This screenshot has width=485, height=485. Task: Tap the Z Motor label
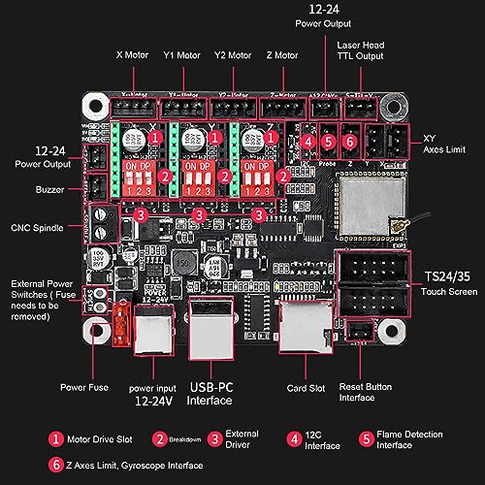(x=279, y=56)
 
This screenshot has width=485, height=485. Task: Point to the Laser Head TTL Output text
(x=361, y=50)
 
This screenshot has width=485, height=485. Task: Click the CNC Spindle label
(x=39, y=229)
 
